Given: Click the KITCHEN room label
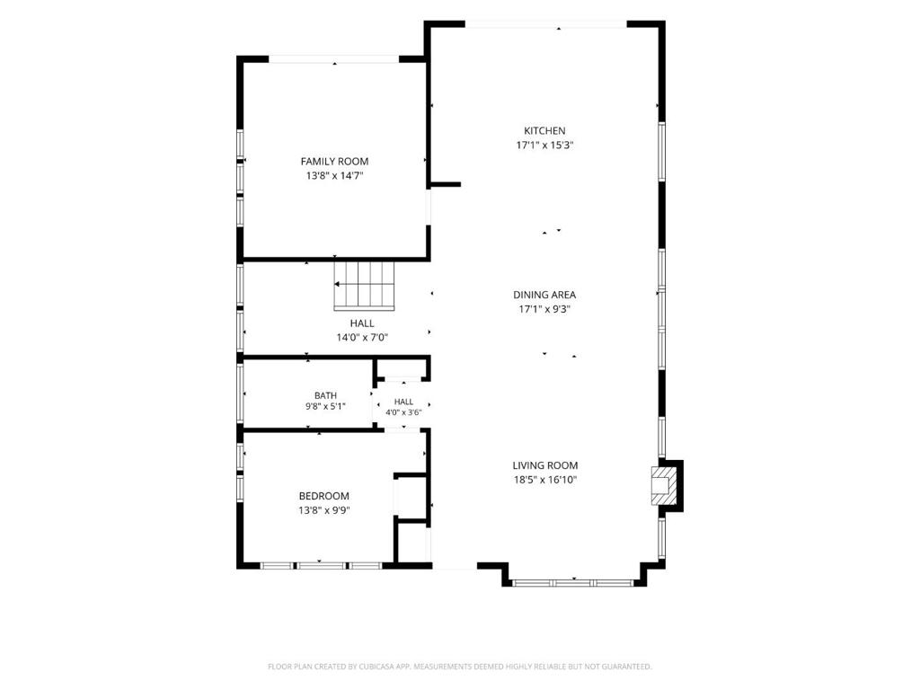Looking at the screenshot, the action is pyautogui.click(x=544, y=131).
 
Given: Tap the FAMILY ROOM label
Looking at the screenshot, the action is pyautogui.click(x=334, y=162).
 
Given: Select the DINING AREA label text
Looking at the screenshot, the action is pyautogui.click(x=544, y=295).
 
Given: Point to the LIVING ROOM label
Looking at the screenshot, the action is pyautogui.click(x=545, y=465).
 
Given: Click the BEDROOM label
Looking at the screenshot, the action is pyautogui.click(x=323, y=496).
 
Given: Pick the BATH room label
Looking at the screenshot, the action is pyautogui.click(x=325, y=395).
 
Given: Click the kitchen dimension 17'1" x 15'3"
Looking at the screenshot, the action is pyautogui.click(x=544, y=145).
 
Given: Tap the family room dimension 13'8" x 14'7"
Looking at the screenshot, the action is pyautogui.click(x=335, y=175).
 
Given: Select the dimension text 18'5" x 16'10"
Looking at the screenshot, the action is pyautogui.click(x=545, y=480).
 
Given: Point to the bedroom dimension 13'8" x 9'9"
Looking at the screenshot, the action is pyautogui.click(x=323, y=510).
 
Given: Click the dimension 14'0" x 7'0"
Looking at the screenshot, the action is pyautogui.click(x=362, y=338).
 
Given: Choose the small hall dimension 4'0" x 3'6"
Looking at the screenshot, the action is pyautogui.click(x=403, y=412).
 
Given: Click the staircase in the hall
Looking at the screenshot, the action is pyautogui.click(x=365, y=285).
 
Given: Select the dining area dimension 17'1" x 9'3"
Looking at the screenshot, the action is pyautogui.click(x=544, y=309).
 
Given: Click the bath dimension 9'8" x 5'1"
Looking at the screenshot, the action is pyautogui.click(x=325, y=406).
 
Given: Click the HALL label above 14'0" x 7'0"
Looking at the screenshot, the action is pyautogui.click(x=362, y=323).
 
